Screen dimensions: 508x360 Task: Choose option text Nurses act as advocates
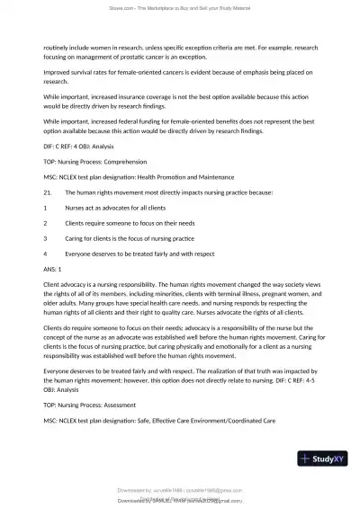(108, 208)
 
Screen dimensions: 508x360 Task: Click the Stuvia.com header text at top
(180, 9)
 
